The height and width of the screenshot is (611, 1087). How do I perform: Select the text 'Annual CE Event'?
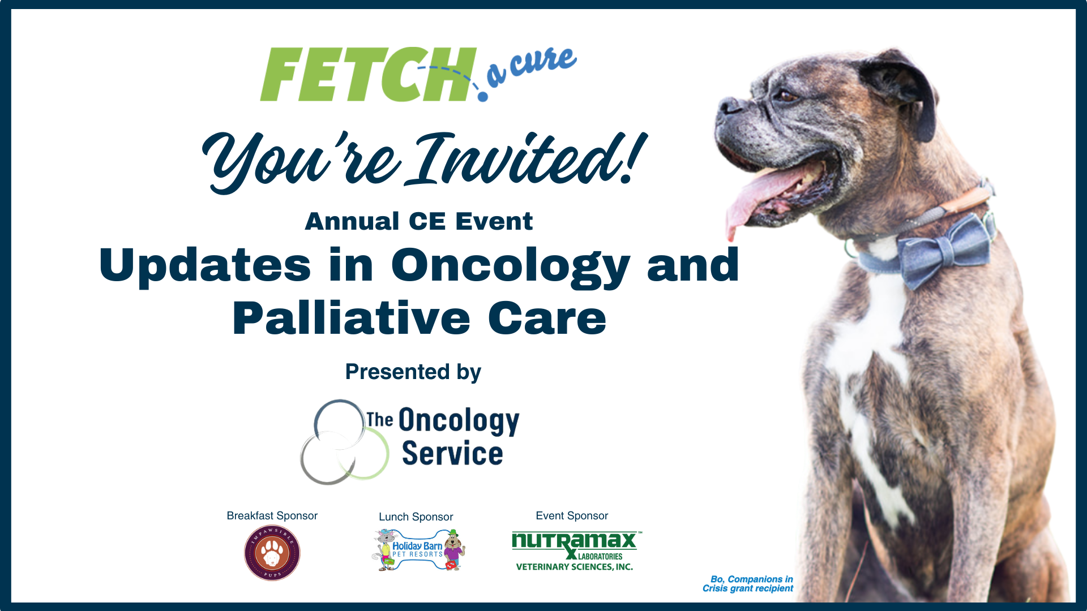coord(418,221)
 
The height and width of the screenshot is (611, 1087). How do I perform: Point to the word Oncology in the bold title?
coord(510,265)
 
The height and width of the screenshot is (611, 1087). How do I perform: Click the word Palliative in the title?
coord(351,318)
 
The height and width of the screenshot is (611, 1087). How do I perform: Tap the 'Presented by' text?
coord(413,372)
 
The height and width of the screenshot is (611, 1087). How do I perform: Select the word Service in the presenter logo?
coord(452,454)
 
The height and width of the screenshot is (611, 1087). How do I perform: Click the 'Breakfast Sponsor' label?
coord(272,515)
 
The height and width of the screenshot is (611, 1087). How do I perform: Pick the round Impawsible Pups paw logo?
coord(272,553)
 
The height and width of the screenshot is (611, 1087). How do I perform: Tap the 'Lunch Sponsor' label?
coord(416,517)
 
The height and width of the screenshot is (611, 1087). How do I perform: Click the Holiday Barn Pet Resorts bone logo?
coord(418,550)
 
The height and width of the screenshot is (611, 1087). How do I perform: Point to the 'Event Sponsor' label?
coord(572,515)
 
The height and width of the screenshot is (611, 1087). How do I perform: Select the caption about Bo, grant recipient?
coord(748,583)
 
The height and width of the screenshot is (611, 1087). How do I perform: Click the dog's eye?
coord(787,96)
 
